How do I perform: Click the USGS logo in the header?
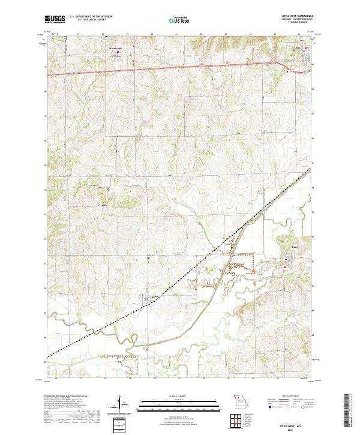pyautogui.click(x=55, y=19)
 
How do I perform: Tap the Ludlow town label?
pyautogui.click(x=154, y=295)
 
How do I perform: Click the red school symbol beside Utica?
pyautogui.click(x=307, y=48)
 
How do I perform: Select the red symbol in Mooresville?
pyautogui.click(x=118, y=52)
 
